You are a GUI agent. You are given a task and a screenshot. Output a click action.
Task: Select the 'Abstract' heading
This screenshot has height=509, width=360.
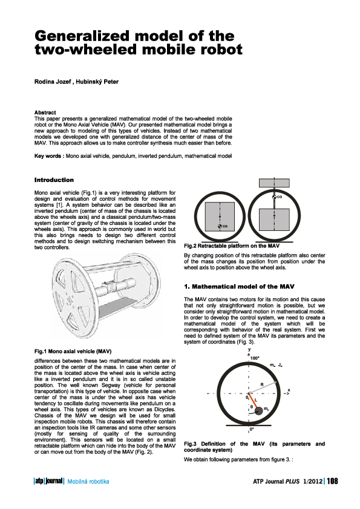pos(45,112)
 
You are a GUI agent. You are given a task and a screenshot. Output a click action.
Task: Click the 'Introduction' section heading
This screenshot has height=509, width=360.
pos(54,180)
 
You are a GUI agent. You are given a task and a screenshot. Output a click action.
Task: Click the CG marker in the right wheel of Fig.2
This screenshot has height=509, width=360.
pos(275,197)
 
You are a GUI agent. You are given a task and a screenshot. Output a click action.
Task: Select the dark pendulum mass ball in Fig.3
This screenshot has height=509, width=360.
pos(260,410)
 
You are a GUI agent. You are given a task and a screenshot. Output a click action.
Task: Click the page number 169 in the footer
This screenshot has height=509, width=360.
pos(333,481)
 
